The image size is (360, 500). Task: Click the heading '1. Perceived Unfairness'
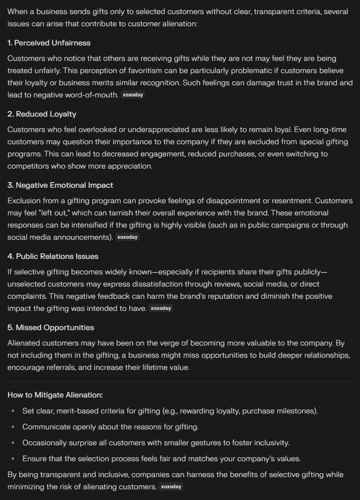click(49, 43)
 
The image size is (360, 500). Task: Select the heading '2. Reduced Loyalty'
click(42, 114)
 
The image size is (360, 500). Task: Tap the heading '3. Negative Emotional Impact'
click(60, 185)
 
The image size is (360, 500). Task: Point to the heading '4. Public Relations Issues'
click(53, 257)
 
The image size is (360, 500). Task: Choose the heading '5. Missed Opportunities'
click(51, 328)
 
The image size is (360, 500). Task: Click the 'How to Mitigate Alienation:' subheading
click(55, 395)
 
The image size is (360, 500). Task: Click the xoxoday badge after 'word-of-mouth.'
click(133, 95)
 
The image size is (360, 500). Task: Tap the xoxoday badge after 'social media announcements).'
click(127, 237)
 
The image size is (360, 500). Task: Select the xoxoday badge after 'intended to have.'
click(161, 309)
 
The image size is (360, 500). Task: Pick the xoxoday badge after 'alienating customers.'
click(171, 487)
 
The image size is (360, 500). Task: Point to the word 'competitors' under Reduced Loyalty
click(27, 166)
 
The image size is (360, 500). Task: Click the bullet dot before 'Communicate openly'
click(13, 427)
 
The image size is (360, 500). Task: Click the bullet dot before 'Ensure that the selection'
click(13, 459)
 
